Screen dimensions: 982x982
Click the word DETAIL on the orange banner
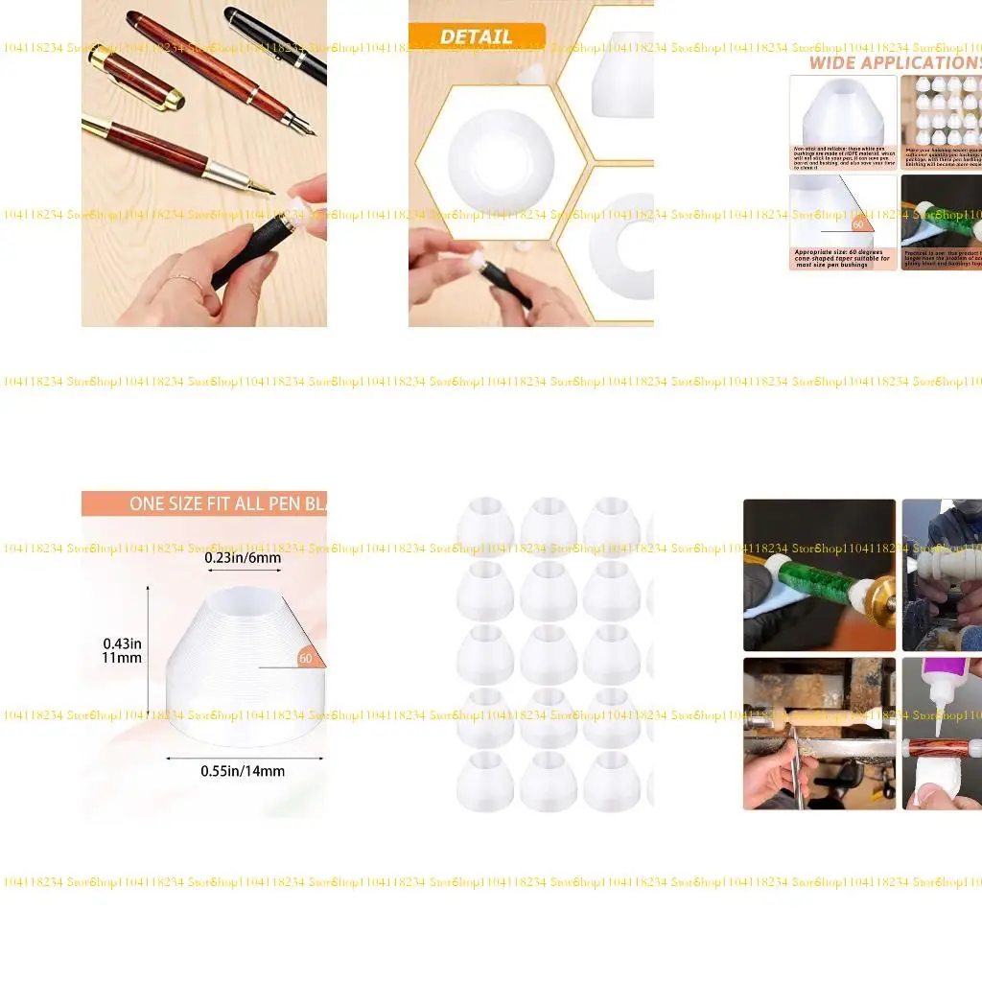(x=477, y=36)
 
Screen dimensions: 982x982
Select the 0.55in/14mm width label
(x=243, y=770)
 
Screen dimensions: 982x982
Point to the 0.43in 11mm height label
(x=122, y=650)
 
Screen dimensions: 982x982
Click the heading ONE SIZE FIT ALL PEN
(x=227, y=503)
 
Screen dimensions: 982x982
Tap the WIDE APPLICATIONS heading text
(x=892, y=62)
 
